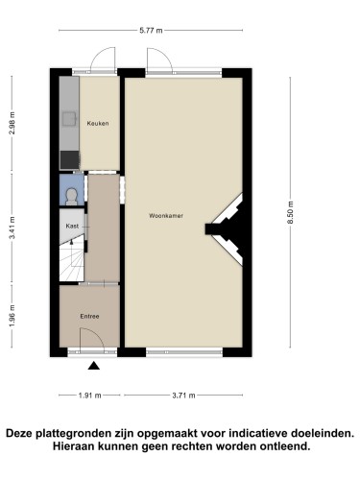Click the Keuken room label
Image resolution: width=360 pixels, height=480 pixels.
[98, 123]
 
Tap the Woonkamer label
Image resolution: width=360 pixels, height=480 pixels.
[166, 216]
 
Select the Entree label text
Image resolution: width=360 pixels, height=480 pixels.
[89, 316]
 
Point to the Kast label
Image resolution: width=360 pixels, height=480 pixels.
[72, 226]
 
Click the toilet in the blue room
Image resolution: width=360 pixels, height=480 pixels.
[71, 197]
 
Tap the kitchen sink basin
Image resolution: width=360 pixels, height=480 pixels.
[70, 119]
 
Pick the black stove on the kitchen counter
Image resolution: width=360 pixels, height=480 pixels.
[70, 160]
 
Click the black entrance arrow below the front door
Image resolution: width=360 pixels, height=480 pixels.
[94, 366]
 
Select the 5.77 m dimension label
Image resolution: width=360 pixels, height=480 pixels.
[151, 31]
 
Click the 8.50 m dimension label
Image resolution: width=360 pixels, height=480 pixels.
[290, 212]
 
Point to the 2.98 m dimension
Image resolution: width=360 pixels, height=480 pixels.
[12, 123]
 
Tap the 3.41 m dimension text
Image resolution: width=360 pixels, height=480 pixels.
[12, 228]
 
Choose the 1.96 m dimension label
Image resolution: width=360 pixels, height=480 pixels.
[12, 316]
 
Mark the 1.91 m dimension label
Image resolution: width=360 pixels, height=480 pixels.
[89, 396]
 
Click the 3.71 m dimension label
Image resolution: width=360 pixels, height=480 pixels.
[183, 396]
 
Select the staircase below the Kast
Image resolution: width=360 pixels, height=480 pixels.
[72, 261]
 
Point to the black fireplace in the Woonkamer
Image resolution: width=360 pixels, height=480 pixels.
[228, 229]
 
